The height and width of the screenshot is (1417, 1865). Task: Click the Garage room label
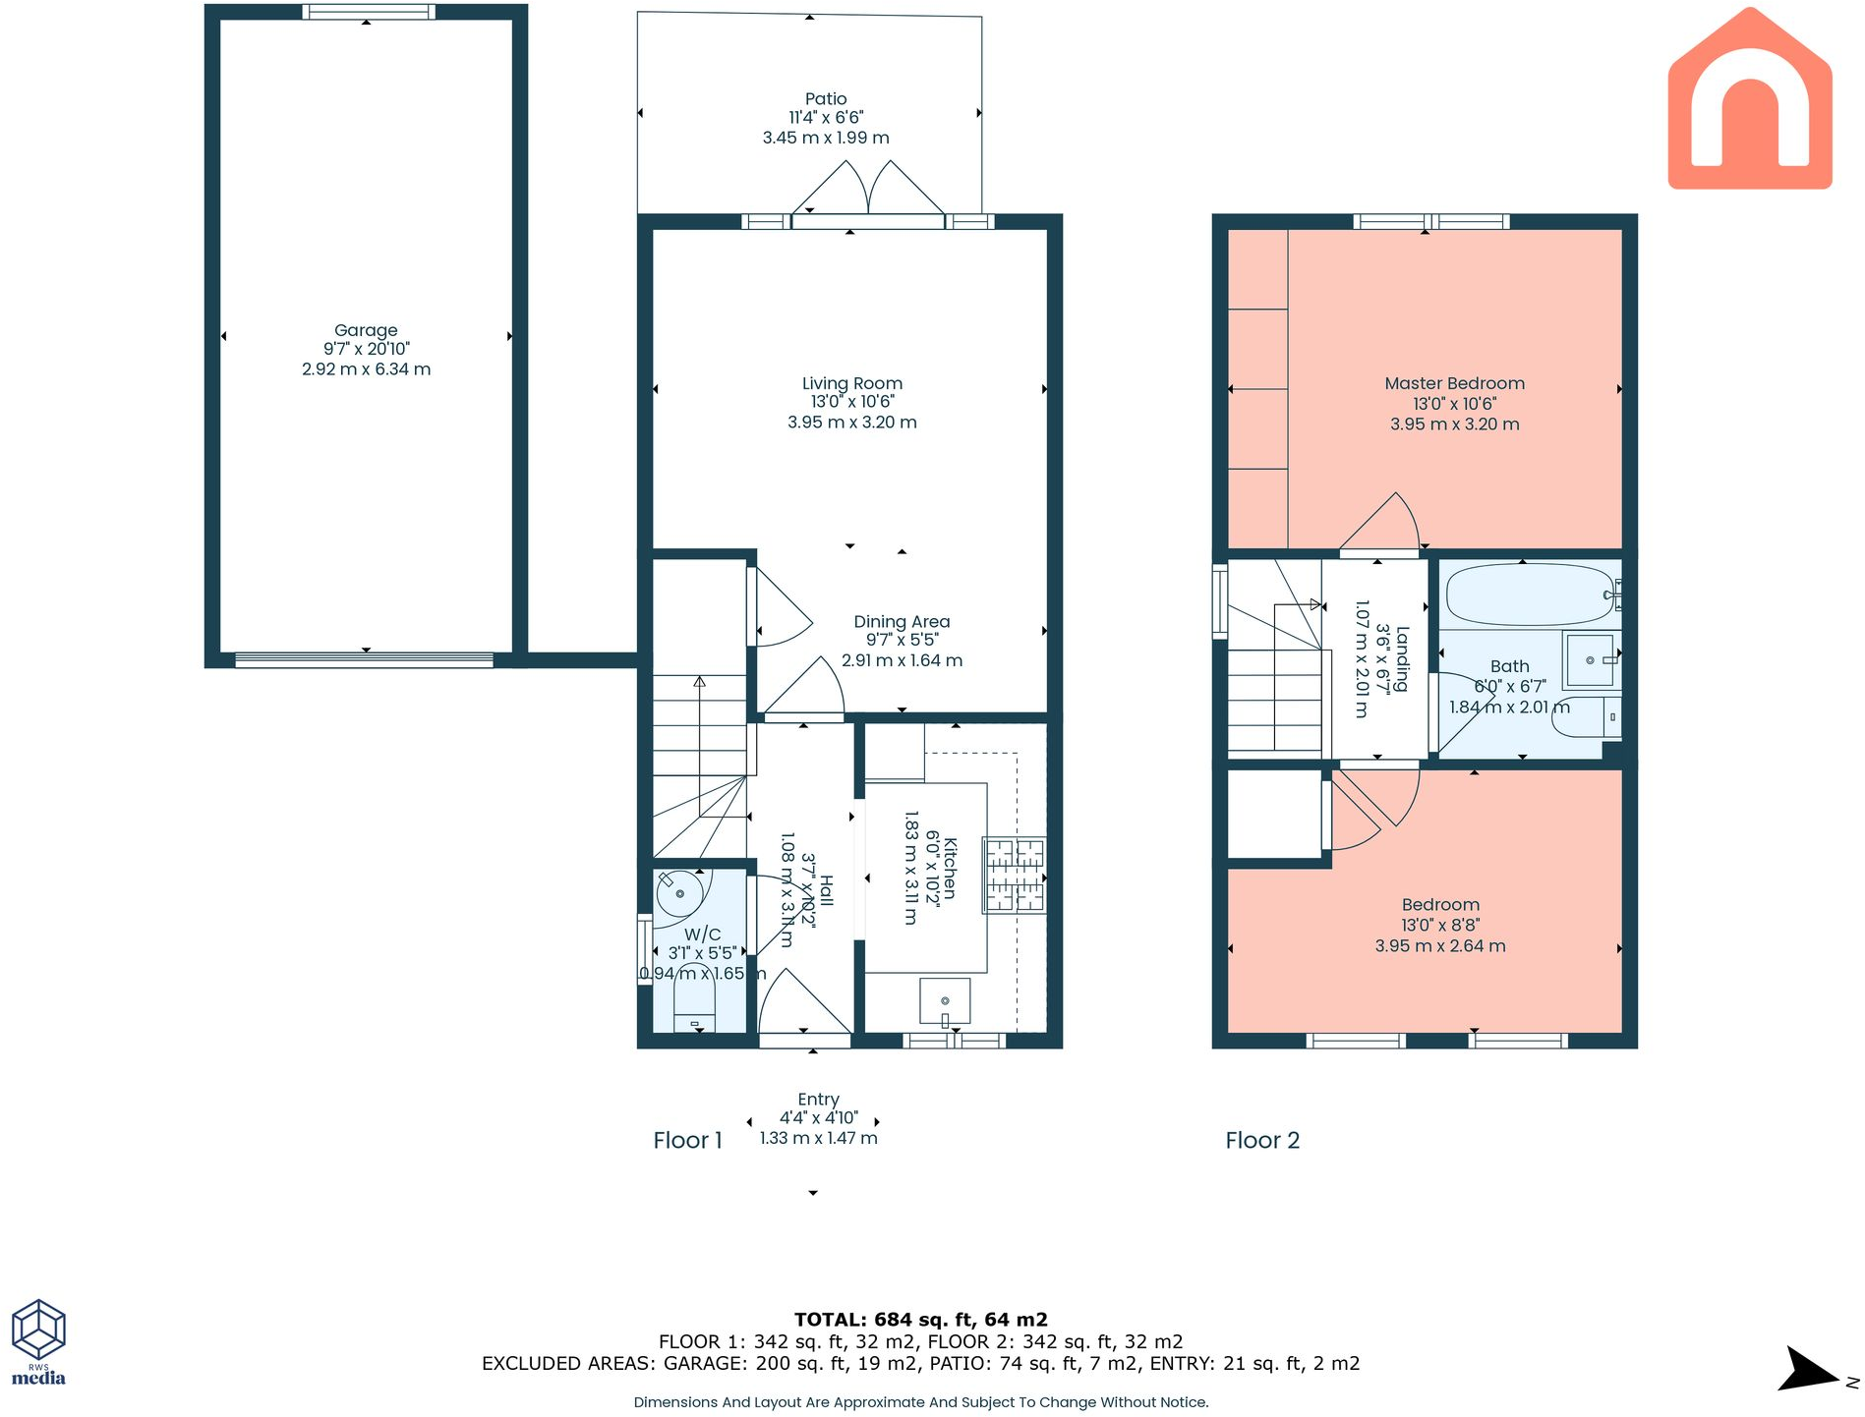pyautogui.click(x=366, y=330)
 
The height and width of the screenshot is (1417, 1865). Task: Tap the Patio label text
pyautogui.click(x=826, y=98)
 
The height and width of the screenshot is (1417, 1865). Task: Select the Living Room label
pyautogui.click(x=852, y=383)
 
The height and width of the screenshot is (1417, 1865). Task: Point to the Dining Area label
pyautogui.click(x=902, y=621)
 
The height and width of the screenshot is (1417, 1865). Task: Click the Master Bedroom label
pyautogui.click(x=1455, y=383)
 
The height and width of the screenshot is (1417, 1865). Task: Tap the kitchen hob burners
pyautogui.click(x=1015, y=875)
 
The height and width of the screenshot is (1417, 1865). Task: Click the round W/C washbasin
pyautogui.click(x=679, y=893)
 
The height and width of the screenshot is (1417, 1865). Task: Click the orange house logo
pyautogui.click(x=1750, y=98)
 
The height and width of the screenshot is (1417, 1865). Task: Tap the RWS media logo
pyautogui.click(x=38, y=1341)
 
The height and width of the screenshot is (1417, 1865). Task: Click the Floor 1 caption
pyautogui.click(x=687, y=1140)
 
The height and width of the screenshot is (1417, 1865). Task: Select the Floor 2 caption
pyautogui.click(x=1262, y=1140)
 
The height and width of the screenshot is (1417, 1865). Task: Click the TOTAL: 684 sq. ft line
pyautogui.click(x=921, y=1320)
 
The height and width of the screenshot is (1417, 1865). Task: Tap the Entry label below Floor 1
pyautogui.click(x=818, y=1100)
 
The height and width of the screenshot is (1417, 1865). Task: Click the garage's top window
pyautogui.click(x=367, y=12)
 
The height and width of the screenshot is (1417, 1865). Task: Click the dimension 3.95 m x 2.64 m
pyautogui.click(x=1440, y=945)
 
